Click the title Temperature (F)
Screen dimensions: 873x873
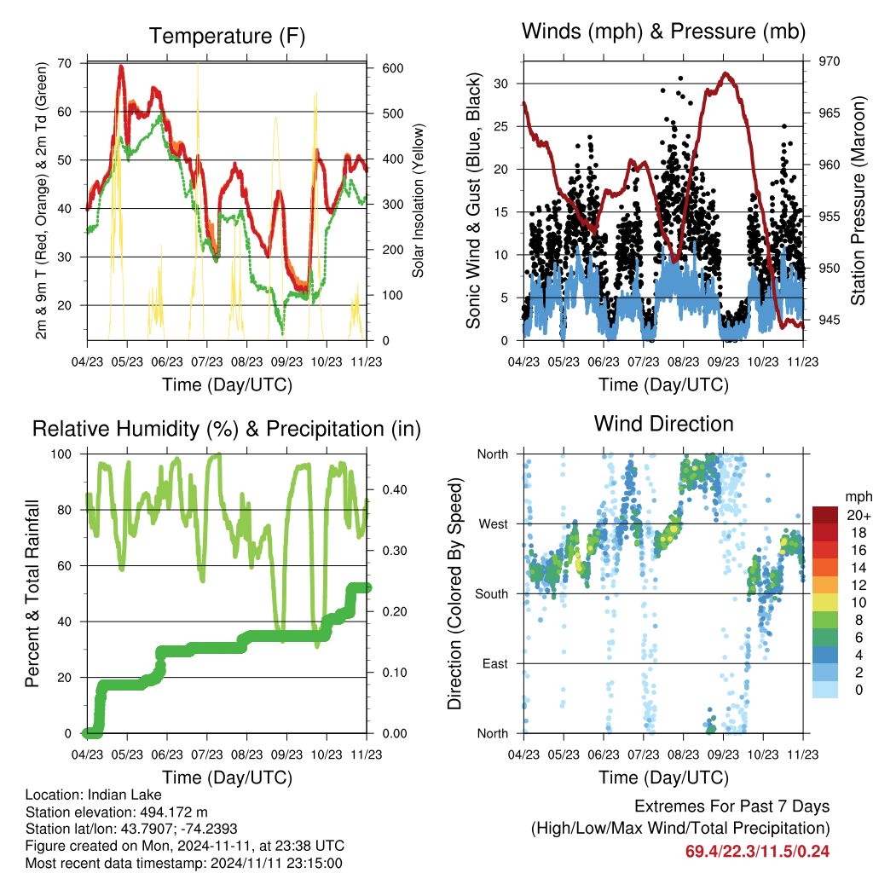[x=227, y=36]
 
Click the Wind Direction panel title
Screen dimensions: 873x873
[x=663, y=424]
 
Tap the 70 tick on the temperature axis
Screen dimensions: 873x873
[x=65, y=63]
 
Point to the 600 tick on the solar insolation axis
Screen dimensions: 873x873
[x=392, y=68]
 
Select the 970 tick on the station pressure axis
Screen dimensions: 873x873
[x=829, y=61]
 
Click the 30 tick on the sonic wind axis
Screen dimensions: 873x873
[x=500, y=84]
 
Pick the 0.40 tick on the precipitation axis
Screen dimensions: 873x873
[x=395, y=489]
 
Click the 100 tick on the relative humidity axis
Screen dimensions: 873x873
[x=61, y=454]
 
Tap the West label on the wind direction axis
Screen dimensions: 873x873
[x=494, y=524]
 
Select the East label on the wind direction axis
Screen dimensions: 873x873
[x=495, y=663]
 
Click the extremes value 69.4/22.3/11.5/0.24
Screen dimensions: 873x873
[x=757, y=852]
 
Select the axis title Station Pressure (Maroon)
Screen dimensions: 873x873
[x=858, y=200]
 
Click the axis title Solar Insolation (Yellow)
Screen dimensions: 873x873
[x=418, y=200]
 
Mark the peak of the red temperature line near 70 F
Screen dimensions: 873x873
[x=121, y=66]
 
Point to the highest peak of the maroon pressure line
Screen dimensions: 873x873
[x=725, y=73]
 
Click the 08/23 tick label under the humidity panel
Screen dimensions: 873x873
[x=246, y=754]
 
